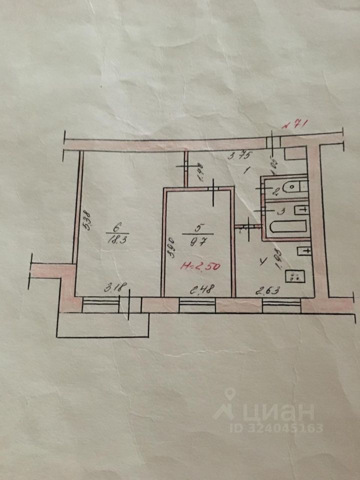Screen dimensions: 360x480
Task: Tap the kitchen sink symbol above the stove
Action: pos(304,250)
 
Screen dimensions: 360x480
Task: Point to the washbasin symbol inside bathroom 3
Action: pos(301,209)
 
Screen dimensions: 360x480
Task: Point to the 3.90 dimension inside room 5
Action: pos(171,248)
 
